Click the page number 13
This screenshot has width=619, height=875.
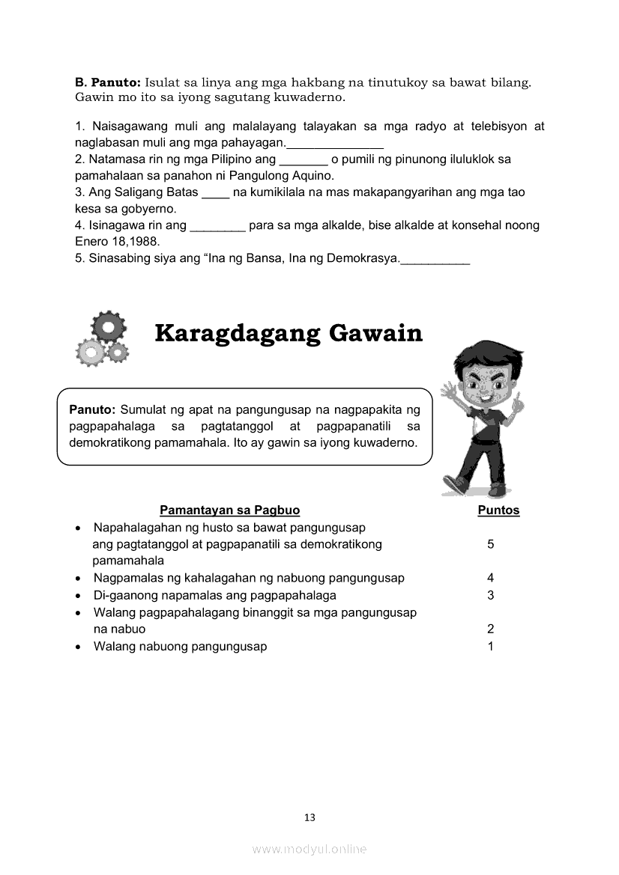(309, 817)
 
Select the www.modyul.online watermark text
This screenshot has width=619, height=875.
(309, 849)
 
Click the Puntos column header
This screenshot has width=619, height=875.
(498, 510)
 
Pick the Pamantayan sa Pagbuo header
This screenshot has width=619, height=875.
(229, 510)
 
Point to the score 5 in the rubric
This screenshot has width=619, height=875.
(491, 544)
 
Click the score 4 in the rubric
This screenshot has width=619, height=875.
(491, 578)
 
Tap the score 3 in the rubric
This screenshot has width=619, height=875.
(491, 595)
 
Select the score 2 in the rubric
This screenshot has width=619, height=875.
(491, 629)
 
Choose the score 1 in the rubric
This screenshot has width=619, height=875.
(491, 647)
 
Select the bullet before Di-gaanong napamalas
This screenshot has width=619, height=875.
(79, 596)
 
